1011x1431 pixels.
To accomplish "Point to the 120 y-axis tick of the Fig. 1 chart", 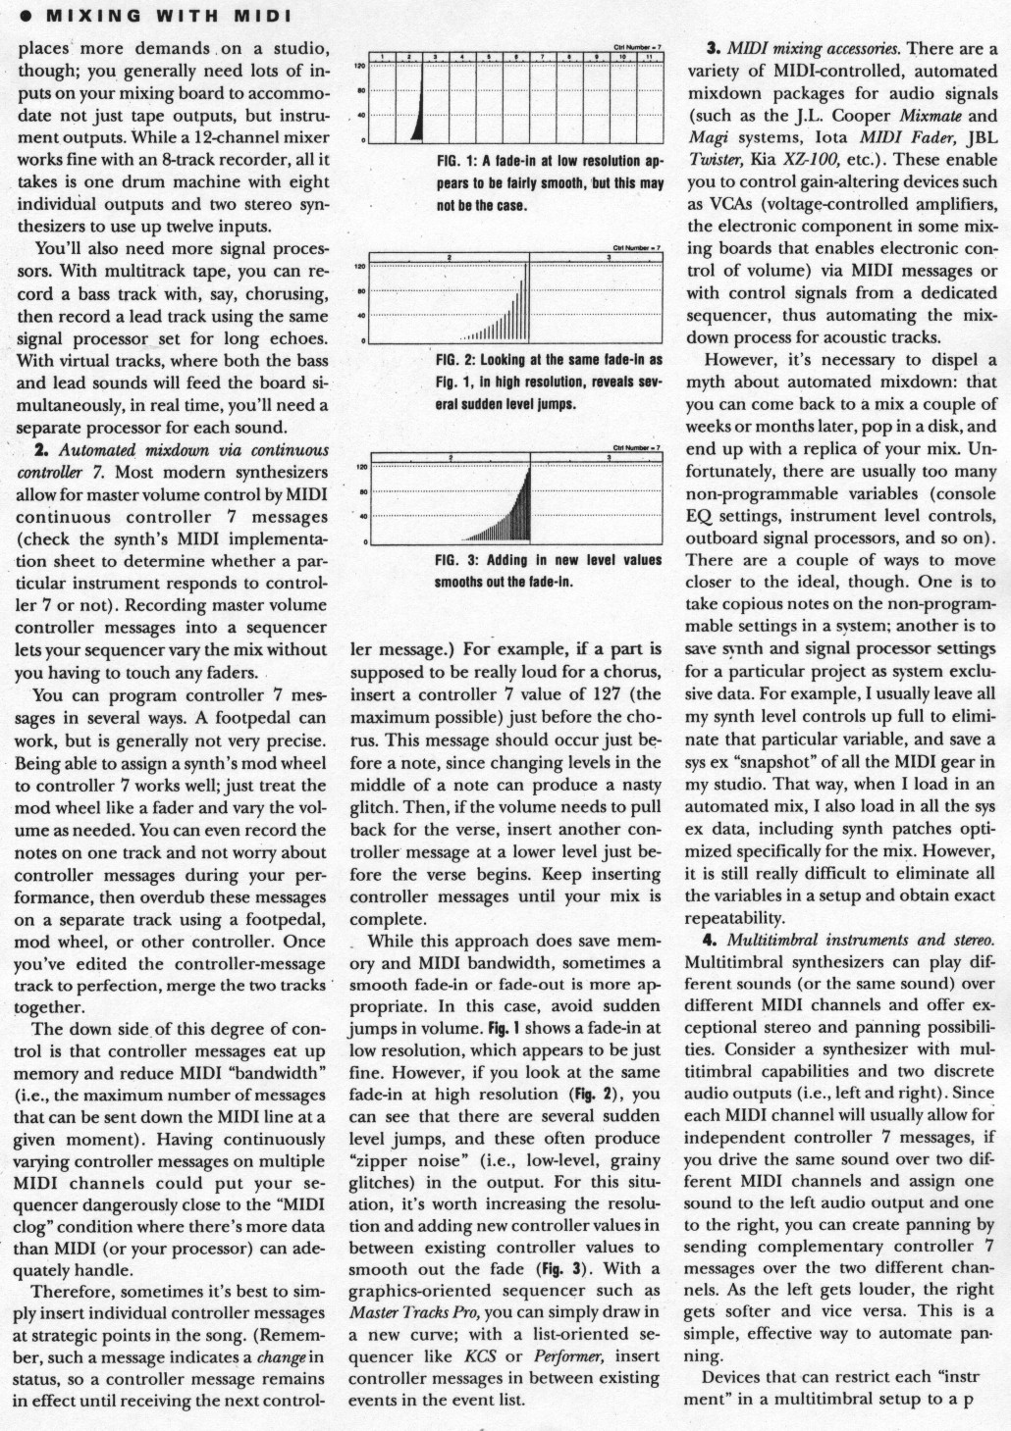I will pos(359,66).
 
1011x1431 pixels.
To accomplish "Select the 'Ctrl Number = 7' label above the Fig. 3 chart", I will pos(637,446).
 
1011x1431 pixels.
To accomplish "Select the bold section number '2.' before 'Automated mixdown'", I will pos(41,450).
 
